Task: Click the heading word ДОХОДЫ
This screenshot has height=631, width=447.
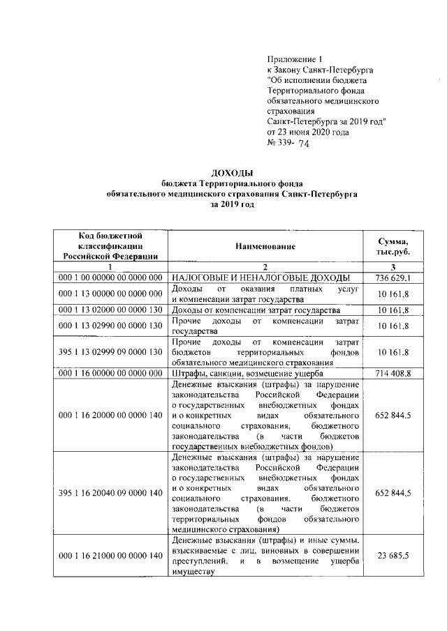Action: pyautogui.click(x=230, y=172)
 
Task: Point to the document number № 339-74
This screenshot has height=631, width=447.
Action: pyautogui.click(x=288, y=144)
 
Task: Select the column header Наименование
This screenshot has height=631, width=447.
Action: pyautogui.click(x=265, y=246)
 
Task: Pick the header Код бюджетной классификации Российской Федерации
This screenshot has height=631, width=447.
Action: pyautogui.click(x=112, y=246)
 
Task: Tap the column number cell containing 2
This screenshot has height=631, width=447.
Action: pyautogui.click(x=265, y=268)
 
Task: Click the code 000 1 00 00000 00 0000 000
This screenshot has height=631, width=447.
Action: pyautogui.click(x=112, y=278)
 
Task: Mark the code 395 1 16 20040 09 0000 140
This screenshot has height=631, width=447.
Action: pyautogui.click(x=112, y=493)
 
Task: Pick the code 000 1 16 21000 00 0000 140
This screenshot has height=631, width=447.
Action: pyautogui.click(x=112, y=555)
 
